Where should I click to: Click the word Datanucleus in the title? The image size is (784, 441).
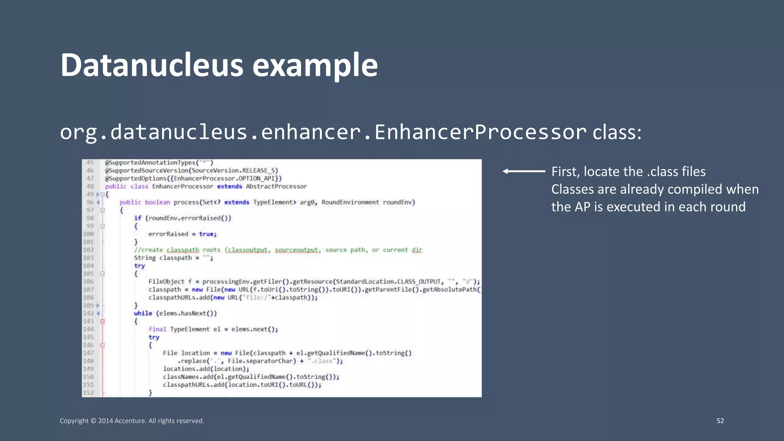[x=152, y=65]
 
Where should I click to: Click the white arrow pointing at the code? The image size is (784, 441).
[x=524, y=171]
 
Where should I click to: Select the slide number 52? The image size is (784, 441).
[x=720, y=421]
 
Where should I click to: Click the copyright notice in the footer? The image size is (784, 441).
[x=132, y=421]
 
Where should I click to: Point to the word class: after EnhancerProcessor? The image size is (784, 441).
[x=617, y=132]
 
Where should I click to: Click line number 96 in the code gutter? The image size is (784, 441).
[x=90, y=202]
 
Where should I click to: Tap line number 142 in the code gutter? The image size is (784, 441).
[x=88, y=313]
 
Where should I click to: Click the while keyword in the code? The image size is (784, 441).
[x=143, y=313]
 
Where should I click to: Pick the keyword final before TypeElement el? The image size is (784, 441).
[x=157, y=329]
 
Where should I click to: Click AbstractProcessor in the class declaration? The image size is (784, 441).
[x=276, y=186]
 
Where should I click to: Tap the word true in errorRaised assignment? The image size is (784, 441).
[x=206, y=234]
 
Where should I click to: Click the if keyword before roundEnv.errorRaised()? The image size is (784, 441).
[x=137, y=218]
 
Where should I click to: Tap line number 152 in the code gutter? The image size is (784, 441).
[x=88, y=392]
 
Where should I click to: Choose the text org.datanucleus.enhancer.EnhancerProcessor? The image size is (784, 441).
[x=323, y=132]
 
